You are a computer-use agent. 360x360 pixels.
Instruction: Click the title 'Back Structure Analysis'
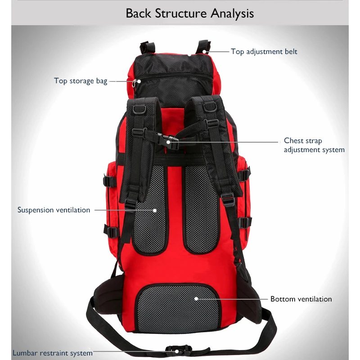(189, 13)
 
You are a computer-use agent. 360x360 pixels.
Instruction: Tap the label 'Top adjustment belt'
(264, 51)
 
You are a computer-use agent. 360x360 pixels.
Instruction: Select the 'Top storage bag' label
(81, 81)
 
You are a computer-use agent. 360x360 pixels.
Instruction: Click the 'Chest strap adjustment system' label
(314, 145)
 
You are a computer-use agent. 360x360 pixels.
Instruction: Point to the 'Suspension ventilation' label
(54, 210)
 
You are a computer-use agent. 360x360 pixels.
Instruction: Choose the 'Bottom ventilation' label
(301, 299)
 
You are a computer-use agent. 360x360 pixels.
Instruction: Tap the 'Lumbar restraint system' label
(53, 353)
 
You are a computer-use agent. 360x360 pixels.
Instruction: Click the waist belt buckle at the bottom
(178, 350)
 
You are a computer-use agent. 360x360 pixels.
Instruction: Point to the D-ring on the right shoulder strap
(208, 107)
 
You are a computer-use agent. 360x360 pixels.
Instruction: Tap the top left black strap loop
(147, 46)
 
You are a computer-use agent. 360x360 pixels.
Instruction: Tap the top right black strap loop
(203, 45)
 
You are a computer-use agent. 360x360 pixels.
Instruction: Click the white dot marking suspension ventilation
(154, 210)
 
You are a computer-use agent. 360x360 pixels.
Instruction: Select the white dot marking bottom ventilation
(196, 298)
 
